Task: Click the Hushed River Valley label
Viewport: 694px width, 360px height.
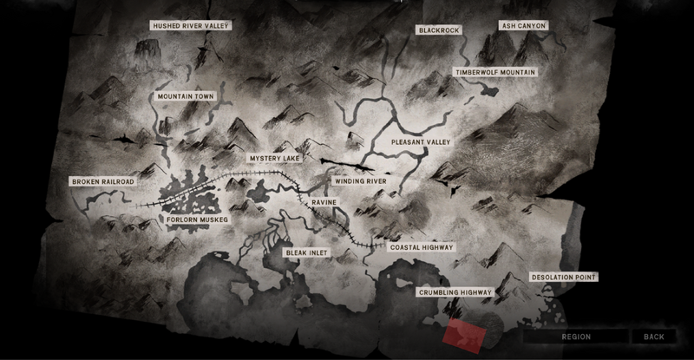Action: (190, 26)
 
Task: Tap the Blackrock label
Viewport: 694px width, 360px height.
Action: (437, 29)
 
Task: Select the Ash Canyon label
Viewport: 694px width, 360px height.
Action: (524, 26)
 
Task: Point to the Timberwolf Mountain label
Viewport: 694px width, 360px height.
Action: (494, 72)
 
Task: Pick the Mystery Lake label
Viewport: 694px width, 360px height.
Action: (274, 160)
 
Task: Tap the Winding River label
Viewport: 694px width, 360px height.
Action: (362, 181)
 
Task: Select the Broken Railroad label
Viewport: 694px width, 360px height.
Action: (103, 181)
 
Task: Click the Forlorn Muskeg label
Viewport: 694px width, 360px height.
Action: (197, 220)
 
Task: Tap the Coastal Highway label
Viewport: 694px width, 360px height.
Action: (422, 247)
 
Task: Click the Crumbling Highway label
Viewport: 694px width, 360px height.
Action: (455, 293)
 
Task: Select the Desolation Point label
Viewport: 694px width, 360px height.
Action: (565, 278)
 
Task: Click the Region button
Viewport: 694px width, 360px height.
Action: (576, 337)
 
